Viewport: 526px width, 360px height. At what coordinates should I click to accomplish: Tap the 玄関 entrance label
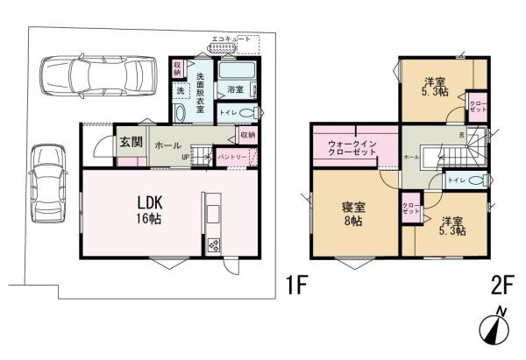click(131, 144)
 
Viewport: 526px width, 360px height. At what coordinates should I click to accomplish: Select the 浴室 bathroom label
click(235, 89)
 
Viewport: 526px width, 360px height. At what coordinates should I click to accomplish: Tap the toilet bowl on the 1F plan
click(250, 112)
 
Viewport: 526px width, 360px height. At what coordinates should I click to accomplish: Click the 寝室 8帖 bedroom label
click(352, 213)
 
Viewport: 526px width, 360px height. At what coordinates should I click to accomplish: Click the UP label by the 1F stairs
click(183, 158)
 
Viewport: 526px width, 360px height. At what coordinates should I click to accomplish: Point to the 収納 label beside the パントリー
click(247, 136)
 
